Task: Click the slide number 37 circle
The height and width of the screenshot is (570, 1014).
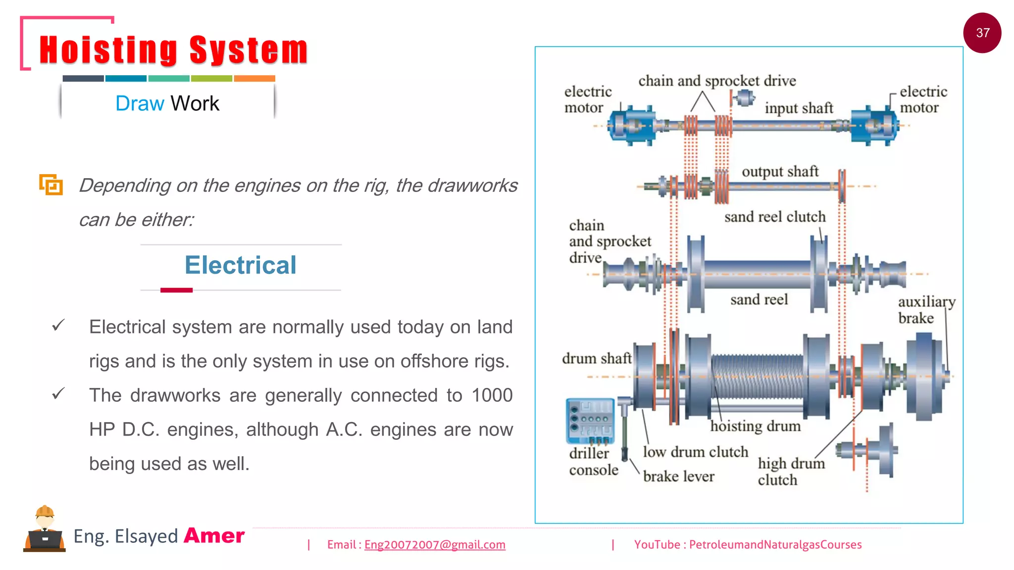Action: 982,33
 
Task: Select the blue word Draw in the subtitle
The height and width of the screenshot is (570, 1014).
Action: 139,103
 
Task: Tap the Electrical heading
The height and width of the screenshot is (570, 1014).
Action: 241,265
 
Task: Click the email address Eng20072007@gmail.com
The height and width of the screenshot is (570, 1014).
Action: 435,545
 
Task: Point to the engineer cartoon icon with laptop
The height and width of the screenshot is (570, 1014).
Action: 45,529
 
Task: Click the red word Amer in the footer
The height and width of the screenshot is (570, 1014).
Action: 214,536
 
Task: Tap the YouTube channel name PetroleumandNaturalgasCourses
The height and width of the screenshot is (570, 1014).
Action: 775,545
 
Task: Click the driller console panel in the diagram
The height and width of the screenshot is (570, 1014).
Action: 590,421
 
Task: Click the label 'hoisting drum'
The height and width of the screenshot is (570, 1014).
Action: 755,426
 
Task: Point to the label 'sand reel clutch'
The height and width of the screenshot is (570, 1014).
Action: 775,217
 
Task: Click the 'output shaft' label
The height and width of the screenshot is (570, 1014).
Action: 780,171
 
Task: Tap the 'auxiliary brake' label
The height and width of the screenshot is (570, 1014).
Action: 925,310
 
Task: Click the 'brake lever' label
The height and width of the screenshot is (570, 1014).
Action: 678,476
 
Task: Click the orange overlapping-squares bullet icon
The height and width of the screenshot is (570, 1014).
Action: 51,185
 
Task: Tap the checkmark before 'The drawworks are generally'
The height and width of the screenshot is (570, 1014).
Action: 58,394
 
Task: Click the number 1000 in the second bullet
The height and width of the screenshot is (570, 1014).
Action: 492,395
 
